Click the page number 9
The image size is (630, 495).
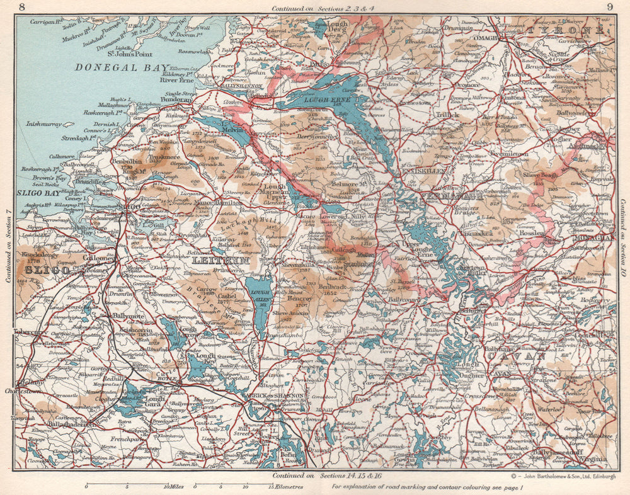(609, 7)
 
